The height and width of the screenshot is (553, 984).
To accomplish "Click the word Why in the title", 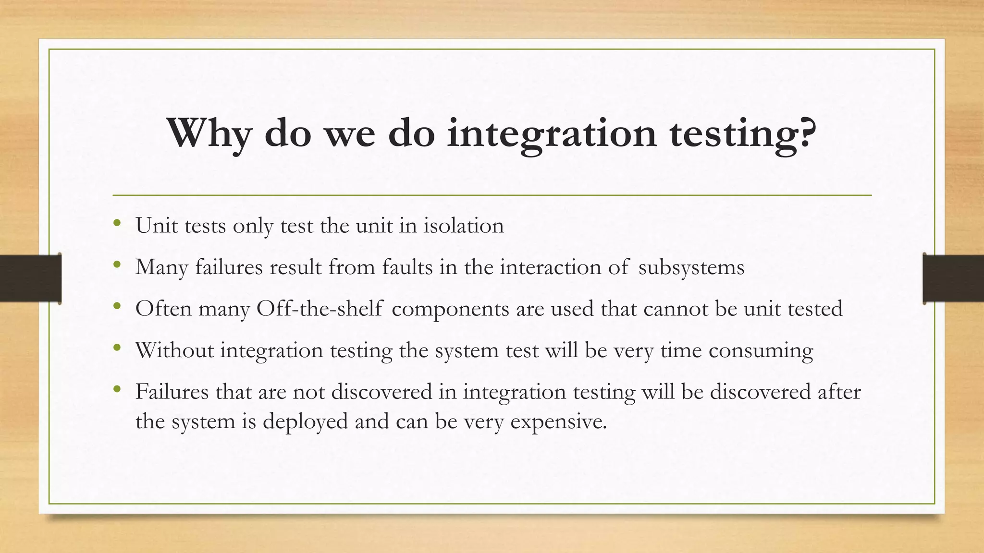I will click(209, 132).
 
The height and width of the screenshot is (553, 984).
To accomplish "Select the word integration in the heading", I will click(551, 133).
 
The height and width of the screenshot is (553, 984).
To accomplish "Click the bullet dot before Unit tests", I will click(117, 223).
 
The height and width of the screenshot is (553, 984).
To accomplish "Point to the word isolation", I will click(463, 225).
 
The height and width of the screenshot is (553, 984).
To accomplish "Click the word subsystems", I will click(691, 267).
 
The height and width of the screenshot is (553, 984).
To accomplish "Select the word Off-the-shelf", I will click(319, 308).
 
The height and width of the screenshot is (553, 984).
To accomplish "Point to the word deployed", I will click(305, 421).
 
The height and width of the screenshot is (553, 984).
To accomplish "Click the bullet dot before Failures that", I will click(117, 389).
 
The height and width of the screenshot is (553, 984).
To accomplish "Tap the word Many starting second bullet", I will click(161, 267).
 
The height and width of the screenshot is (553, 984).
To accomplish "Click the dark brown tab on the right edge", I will click(953, 278).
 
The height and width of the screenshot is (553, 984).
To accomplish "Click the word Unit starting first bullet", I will click(156, 225).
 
